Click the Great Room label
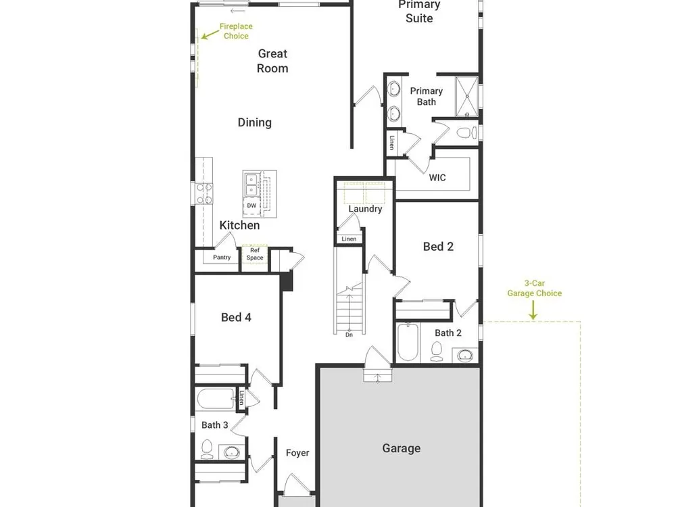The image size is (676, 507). click(272, 61)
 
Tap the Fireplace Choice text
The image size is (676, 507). click(236, 31)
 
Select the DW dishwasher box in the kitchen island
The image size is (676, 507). click(251, 206)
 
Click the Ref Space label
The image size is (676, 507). click(255, 254)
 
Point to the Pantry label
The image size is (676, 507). click(222, 258)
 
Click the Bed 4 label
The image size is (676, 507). click(236, 317)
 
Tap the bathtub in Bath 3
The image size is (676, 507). click(216, 399)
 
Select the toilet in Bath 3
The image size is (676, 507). click(207, 450)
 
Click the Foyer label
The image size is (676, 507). click(297, 453)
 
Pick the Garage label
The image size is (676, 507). click(402, 448)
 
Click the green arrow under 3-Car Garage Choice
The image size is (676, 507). click(533, 310)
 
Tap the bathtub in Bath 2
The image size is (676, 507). click(408, 342)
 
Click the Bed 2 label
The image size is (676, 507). click(438, 247)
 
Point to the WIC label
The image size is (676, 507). click(437, 178)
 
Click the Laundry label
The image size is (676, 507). click(365, 209)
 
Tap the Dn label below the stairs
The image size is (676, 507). click(349, 335)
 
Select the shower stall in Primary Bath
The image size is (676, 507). click(467, 96)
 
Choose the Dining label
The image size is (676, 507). click(254, 123)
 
